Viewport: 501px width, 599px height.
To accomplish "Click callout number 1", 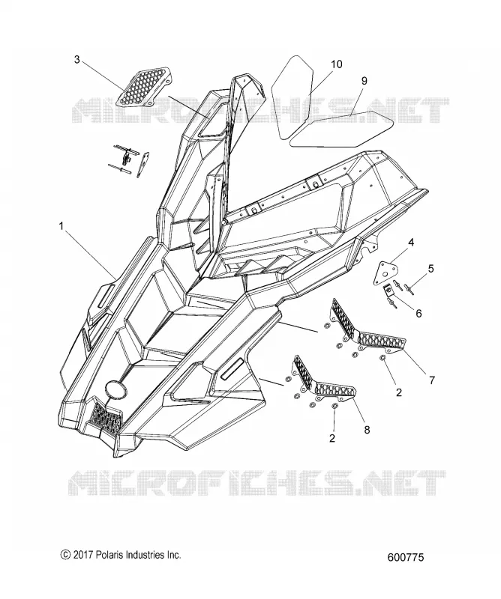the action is coord(61,226).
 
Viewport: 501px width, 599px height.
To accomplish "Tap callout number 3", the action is coord(77,60).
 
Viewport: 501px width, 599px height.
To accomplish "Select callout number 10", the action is coord(337,64).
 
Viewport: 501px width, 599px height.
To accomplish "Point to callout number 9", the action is coord(364,81).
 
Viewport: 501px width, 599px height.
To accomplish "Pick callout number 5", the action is coord(431,269).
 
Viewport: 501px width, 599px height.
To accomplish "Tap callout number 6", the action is coord(418,313).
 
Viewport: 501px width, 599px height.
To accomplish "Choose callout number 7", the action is coord(432,380).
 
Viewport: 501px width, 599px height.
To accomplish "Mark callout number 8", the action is coord(367,430).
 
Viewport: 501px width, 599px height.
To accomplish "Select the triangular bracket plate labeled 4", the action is coord(385,272).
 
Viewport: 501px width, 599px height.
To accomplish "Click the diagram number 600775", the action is coord(406,557).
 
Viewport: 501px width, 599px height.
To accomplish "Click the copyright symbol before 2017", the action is coord(65,555).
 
